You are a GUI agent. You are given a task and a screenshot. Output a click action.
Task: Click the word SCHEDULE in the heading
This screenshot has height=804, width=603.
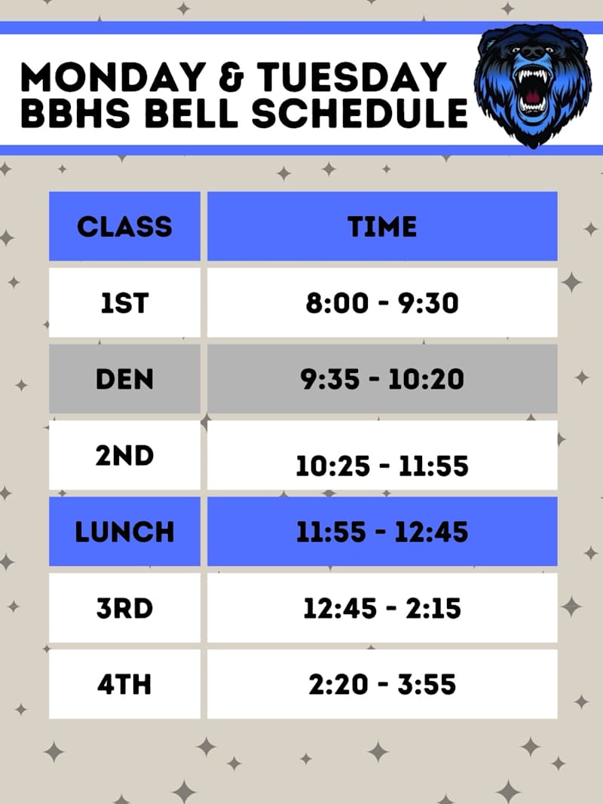(x=360, y=113)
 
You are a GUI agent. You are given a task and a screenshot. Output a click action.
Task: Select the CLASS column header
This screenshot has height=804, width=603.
(x=124, y=226)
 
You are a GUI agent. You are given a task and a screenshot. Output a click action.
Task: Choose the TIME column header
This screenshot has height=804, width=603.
(x=382, y=226)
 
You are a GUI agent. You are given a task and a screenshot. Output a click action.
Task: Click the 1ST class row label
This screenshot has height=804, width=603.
(x=124, y=302)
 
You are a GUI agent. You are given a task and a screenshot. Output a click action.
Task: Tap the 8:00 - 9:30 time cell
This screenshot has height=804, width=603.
(x=382, y=302)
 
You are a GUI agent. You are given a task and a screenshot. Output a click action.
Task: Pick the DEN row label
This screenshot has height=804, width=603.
(x=124, y=378)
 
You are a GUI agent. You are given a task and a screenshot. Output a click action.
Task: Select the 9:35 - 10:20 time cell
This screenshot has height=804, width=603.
(x=382, y=378)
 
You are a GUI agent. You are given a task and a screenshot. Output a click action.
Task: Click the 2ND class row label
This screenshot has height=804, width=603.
(x=124, y=455)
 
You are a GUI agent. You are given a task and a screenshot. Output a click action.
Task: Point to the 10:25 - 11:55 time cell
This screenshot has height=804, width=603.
(x=382, y=466)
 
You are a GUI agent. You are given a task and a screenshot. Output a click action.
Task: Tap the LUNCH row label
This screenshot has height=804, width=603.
(x=124, y=531)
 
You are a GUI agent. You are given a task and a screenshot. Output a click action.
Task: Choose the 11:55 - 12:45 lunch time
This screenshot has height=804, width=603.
(x=382, y=531)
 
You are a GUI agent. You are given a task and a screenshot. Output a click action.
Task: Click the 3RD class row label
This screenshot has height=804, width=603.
(x=124, y=608)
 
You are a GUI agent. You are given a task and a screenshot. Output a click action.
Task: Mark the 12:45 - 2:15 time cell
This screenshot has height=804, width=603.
(x=382, y=608)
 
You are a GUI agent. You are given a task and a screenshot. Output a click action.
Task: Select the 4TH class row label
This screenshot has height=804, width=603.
(x=124, y=684)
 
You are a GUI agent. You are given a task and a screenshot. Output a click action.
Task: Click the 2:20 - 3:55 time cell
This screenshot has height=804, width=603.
(x=382, y=684)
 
